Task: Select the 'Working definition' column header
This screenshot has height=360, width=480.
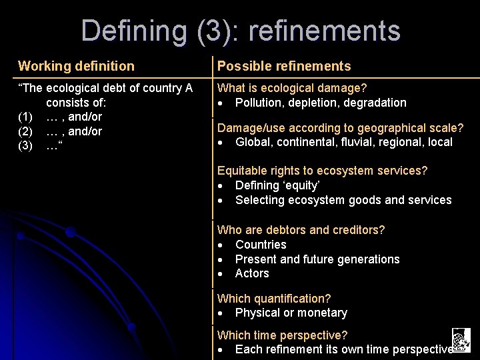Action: click(x=76, y=66)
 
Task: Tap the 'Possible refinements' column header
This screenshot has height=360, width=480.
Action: click(x=284, y=66)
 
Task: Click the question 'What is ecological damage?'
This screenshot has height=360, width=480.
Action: click(x=292, y=88)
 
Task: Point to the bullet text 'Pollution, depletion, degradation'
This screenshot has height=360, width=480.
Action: click(x=321, y=103)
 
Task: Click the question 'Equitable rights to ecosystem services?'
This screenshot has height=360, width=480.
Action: click(x=323, y=171)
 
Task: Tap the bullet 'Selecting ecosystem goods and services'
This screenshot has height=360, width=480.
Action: click(x=343, y=200)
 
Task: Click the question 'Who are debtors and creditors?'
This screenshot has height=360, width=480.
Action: click(x=301, y=230)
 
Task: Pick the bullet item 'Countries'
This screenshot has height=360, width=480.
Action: click(x=261, y=245)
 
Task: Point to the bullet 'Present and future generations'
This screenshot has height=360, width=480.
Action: click(x=317, y=259)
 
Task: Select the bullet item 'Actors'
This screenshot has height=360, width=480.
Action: click(x=252, y=273)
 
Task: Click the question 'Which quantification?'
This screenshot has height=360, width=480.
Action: click(x=274, y=299)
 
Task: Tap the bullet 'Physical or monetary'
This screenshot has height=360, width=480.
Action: click(x=291, y=313)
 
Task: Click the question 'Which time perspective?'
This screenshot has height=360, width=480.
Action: click(x=283, y=335)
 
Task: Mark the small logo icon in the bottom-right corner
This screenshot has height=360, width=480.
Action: click(x=461, y=340)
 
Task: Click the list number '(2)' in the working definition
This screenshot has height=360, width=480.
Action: click(x=26, y=131)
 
